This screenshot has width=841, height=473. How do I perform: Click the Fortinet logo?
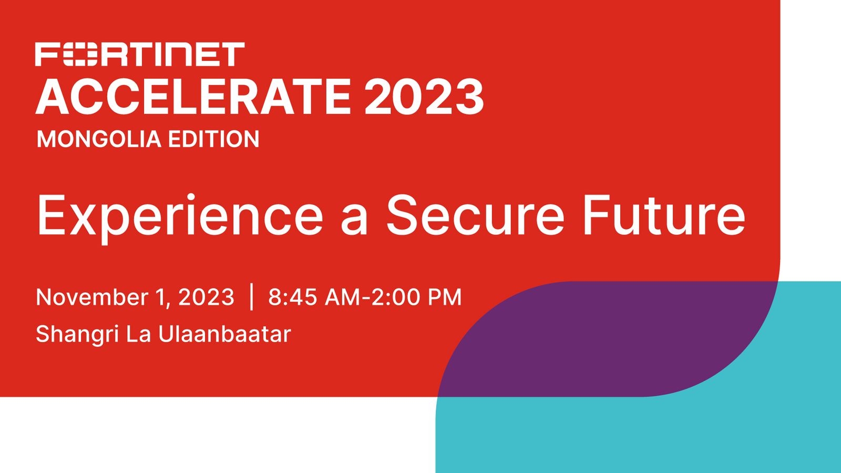(140, 55)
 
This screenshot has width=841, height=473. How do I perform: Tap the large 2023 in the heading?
(424, 97)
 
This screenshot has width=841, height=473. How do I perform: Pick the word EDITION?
(213, 139)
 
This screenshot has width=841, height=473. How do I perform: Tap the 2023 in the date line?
(206, 297)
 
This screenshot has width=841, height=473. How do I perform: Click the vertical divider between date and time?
(252, 297)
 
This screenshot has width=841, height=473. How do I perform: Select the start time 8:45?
(292, 297)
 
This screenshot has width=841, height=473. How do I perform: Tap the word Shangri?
(78, 335)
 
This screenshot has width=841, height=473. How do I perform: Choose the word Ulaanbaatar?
(224, 334)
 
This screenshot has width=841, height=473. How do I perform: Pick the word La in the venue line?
(139, 334)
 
